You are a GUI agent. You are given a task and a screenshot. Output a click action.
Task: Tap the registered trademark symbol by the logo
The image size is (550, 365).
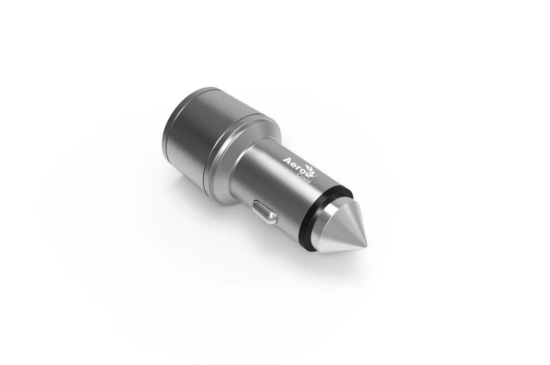tap(317, 176)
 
